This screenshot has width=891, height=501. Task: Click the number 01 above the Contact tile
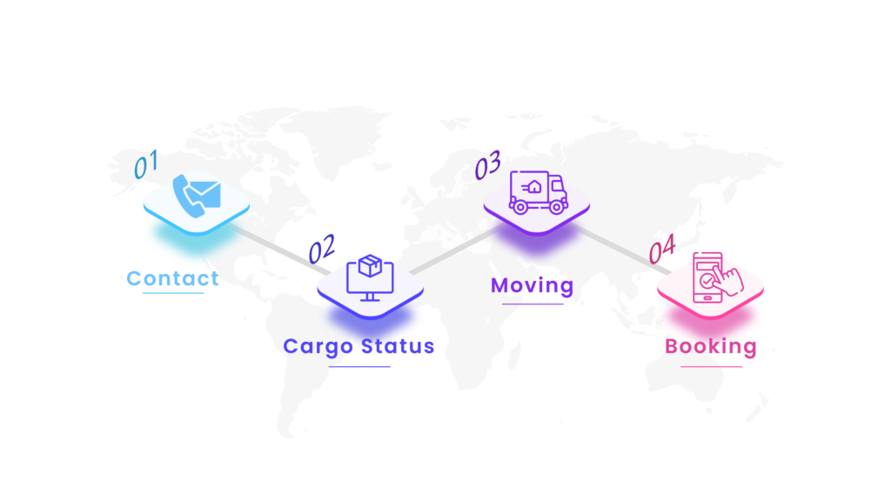point(145,164)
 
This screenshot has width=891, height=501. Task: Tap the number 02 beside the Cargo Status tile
point(322,250)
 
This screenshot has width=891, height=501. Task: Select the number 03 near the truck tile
point(487,164)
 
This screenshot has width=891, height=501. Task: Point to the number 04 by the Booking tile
point(661,250)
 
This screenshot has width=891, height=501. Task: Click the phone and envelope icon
point(197,196)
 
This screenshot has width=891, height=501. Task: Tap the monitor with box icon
point(370,277)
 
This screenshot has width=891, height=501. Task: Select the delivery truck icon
point(538,192)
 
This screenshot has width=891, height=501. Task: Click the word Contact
point(172,278)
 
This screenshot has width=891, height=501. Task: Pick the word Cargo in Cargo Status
point(318,346)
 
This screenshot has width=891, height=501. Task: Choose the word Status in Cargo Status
point(398,346)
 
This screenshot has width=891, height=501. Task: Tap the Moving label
point(533,285)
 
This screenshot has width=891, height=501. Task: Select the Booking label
point(711,346)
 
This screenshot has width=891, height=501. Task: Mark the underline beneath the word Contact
point(173,293)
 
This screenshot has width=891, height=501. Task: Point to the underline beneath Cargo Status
point(360,366)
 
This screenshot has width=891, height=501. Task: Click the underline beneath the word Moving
point(533,304)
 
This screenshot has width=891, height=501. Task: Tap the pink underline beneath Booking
point(712,366)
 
